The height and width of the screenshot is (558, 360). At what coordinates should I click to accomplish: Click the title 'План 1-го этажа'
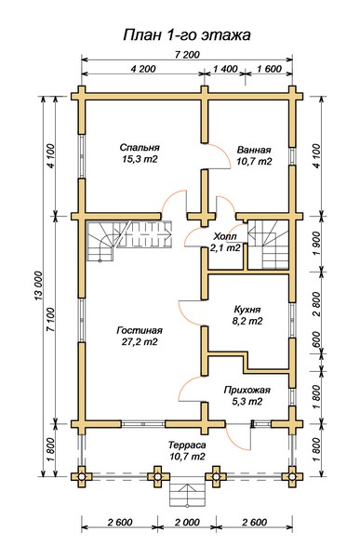(187, 35)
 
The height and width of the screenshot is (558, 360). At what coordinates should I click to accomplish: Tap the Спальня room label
(140, 147)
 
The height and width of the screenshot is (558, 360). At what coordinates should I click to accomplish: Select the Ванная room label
(254, 150)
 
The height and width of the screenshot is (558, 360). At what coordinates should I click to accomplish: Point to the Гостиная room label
(140, 330)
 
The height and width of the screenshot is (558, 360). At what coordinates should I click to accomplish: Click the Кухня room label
(247, 310)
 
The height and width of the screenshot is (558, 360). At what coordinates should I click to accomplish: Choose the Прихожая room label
(247, 391)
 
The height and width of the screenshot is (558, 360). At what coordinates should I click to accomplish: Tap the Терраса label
(187, 445)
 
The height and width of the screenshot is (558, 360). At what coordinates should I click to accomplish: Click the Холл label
(225, 236)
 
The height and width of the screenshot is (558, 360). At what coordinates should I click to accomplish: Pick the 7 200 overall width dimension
(187, 55)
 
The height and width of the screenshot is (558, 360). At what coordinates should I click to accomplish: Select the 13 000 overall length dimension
(38, 286)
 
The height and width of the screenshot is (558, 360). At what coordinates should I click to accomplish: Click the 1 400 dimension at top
(225, 69)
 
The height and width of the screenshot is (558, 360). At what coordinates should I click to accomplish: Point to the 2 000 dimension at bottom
(187, 523)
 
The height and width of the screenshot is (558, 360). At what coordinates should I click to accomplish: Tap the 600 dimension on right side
(315, 340)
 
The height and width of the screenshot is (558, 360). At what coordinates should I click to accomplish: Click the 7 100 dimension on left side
(50, 319)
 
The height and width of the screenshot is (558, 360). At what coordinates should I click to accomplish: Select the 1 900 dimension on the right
(315, 244)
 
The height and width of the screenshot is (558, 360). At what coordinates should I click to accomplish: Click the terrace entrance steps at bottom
(187, 494)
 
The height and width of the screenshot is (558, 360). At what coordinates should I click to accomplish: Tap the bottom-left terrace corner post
(82, 476)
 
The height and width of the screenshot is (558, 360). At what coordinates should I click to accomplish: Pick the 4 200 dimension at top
(143, 69)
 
